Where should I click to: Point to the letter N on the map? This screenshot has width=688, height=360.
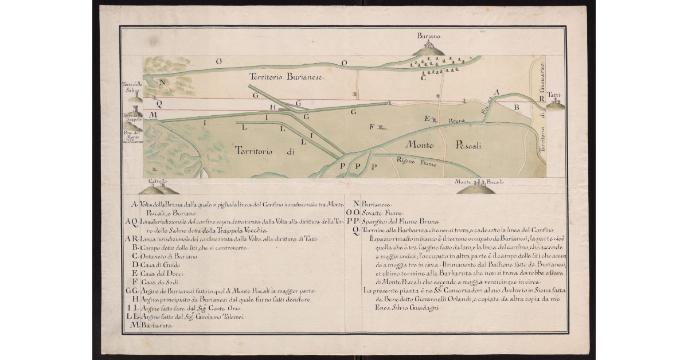[162, 82]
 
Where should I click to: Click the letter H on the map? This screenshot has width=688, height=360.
[273, 107]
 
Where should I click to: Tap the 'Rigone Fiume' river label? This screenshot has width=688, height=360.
[418, 163]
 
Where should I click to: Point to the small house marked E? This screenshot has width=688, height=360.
[434, 120]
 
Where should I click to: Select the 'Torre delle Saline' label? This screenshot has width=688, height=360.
[131, 87]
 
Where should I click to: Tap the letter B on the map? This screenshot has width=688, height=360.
[516, 107]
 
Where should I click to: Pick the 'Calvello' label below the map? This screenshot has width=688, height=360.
[158, 181]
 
